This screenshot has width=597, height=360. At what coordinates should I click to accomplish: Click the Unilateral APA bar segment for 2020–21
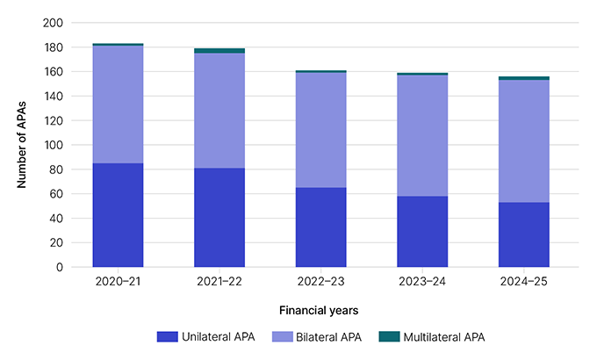click(118, 214)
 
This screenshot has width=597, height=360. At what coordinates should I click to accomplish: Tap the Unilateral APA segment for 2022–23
click(320, 227)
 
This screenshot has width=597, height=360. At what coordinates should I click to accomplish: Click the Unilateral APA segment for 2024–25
click(523, 234)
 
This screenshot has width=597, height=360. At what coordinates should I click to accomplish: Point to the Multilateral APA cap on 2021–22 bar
click(219, 51)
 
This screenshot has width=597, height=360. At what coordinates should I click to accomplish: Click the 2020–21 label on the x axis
click(118, 282)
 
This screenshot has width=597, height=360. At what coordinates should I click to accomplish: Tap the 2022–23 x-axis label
click(320, 282)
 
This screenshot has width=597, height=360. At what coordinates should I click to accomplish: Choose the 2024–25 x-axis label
click(523, 282)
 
